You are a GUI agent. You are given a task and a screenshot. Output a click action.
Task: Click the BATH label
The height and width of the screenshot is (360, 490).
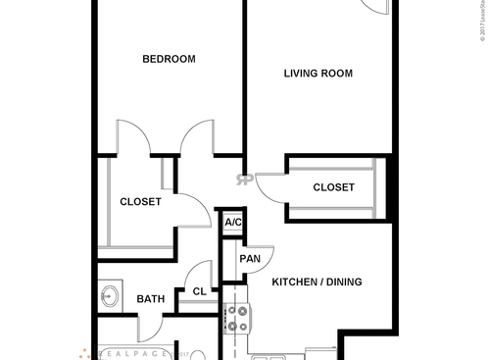click(x=150, y=299)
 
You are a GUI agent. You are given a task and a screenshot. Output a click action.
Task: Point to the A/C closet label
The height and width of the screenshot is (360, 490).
click(x=233, y=223)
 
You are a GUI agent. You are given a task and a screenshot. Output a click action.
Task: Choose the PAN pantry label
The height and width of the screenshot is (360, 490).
click(x=249, y=259)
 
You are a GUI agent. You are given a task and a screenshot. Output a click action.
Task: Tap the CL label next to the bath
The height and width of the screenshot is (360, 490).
click(x=199, y=291)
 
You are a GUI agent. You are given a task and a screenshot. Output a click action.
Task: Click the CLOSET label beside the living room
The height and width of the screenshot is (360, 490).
click(x=333, y=187)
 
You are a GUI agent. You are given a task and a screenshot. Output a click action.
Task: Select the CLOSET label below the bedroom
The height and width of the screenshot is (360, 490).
click(x=140, y=201)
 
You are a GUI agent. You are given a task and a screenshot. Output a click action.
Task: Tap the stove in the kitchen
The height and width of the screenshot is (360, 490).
click(x=236, y=317)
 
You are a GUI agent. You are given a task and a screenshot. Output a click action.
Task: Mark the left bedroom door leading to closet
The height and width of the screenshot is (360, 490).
click(x=131, y=139)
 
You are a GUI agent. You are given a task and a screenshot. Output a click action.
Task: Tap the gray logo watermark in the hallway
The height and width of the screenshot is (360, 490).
click(x=243, y=180)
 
